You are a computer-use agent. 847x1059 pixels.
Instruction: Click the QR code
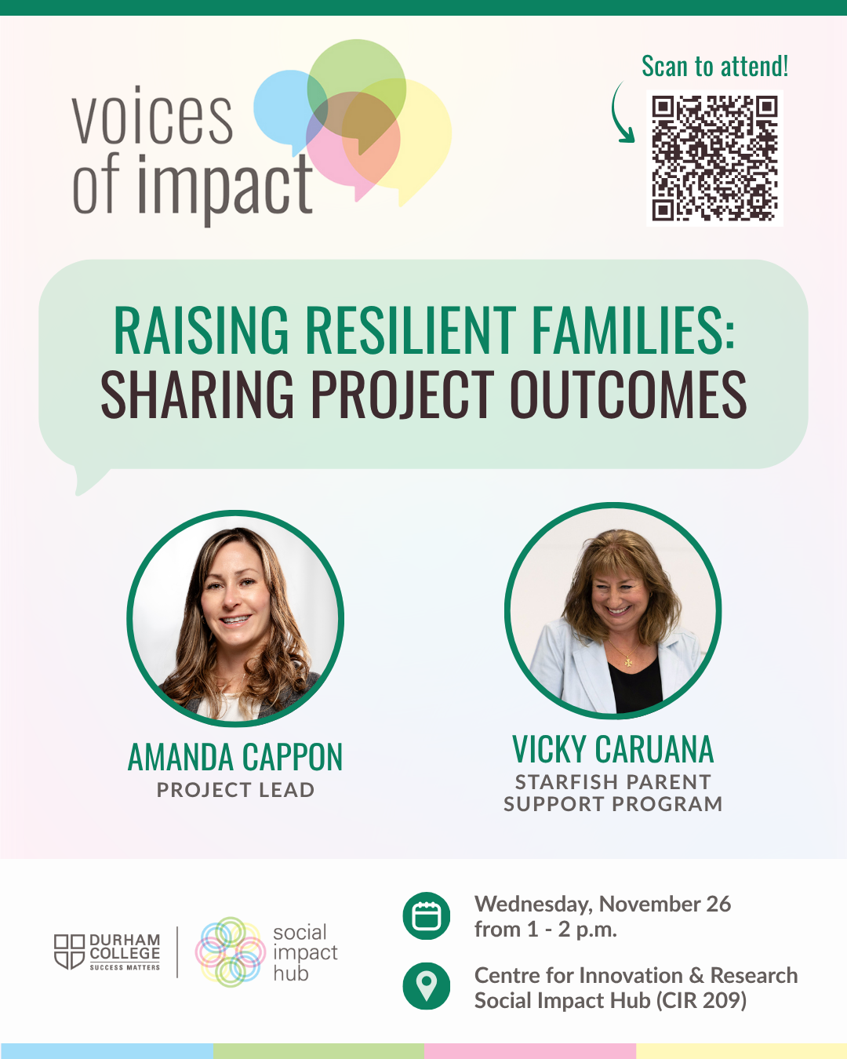tap(714, 158)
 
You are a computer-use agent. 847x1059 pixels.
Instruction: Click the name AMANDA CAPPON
tap(235, 757)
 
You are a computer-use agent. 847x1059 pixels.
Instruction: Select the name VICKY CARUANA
tap(613, 749)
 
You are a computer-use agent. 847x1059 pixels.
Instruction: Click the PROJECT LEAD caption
tap(235, 790)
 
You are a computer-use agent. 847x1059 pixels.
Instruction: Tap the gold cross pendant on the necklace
tap(628, 662)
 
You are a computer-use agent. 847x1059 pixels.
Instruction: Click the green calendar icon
tap(426, 915)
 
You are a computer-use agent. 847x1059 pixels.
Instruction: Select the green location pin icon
tap(426, 986)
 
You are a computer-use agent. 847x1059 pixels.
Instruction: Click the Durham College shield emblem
tap(69, 952)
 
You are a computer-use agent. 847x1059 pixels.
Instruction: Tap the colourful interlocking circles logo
tap(231, 952)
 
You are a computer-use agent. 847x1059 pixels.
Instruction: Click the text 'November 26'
tap(665, 904)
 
